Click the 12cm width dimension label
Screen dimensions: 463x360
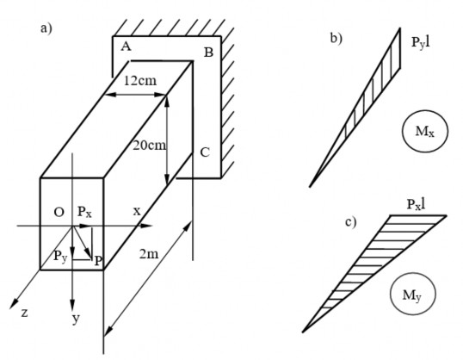coord(140,81)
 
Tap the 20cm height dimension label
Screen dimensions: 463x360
coord(149,146)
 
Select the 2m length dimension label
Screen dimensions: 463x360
coord(149,254)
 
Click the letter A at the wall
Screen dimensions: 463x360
coord(127,47)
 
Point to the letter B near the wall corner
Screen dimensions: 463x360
coord(208,53)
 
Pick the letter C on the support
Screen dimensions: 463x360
coord(205,152)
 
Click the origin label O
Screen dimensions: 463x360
coord(59,212)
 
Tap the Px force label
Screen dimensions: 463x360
coord(84,212)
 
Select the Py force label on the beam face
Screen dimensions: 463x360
coord(60,256)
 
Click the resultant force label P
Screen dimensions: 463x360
coord(98,261)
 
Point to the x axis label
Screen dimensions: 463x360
coord(137,212)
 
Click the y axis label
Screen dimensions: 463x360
coord(77,320)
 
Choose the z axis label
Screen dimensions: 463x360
coord(25,313)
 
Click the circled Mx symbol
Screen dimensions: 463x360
coord(425,131)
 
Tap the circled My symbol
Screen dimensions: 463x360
coord(413,295)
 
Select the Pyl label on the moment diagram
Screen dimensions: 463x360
coord(421,43)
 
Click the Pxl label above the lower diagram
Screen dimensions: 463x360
coord(416,204)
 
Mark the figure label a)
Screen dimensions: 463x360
coord(46,28)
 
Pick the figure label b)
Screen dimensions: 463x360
coord(336,39)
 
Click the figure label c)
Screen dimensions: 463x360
coord(351,222)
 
